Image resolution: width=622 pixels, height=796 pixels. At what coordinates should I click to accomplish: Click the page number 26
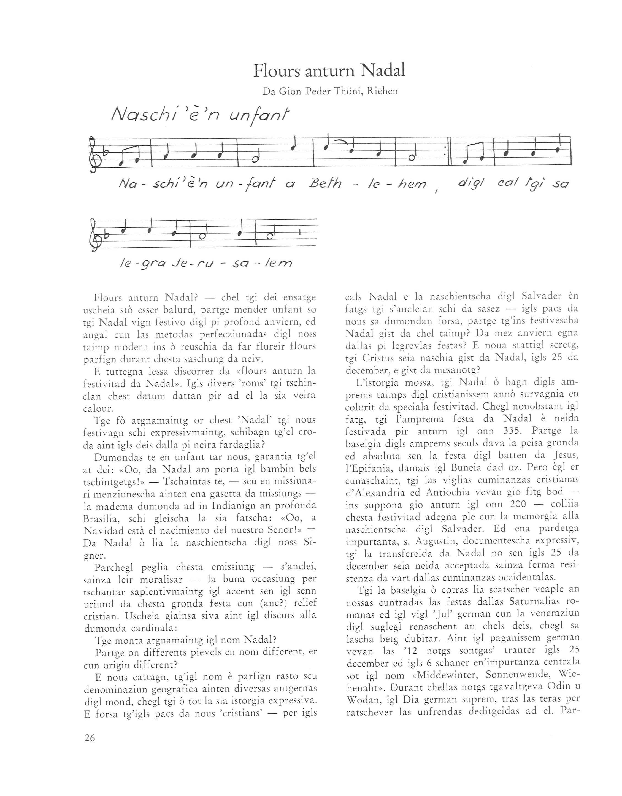[90, 738]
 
